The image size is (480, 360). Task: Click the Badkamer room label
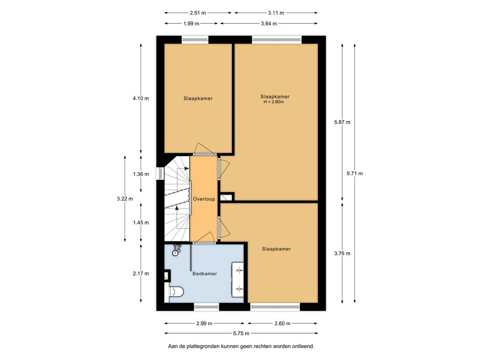[204, 274]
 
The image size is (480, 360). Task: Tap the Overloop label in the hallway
[204, 199]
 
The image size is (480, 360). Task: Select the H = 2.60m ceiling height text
[274, 102]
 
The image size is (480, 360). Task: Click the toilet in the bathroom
[176, 291]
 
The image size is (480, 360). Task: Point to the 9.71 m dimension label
[354, 173]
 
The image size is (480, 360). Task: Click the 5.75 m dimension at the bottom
[241, 333]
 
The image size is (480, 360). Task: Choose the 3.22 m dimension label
[125, 199]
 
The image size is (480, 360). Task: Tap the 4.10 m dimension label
[141, 98]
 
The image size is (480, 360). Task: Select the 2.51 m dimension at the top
[198, 13]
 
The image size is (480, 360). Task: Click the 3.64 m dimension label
[269, 23]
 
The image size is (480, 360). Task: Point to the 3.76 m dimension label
[342, 254]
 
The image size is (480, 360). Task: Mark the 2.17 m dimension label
[141, 274]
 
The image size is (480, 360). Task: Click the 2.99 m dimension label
[204, 323]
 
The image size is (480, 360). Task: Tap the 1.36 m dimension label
[141, 174]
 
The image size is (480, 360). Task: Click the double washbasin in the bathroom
[238, 279]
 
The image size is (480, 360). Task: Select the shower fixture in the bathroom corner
[176, 249]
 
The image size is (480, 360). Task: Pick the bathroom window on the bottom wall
[207, 307]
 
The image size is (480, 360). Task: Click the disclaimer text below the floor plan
[241, 346]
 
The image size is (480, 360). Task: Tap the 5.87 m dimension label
[342, 122]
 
